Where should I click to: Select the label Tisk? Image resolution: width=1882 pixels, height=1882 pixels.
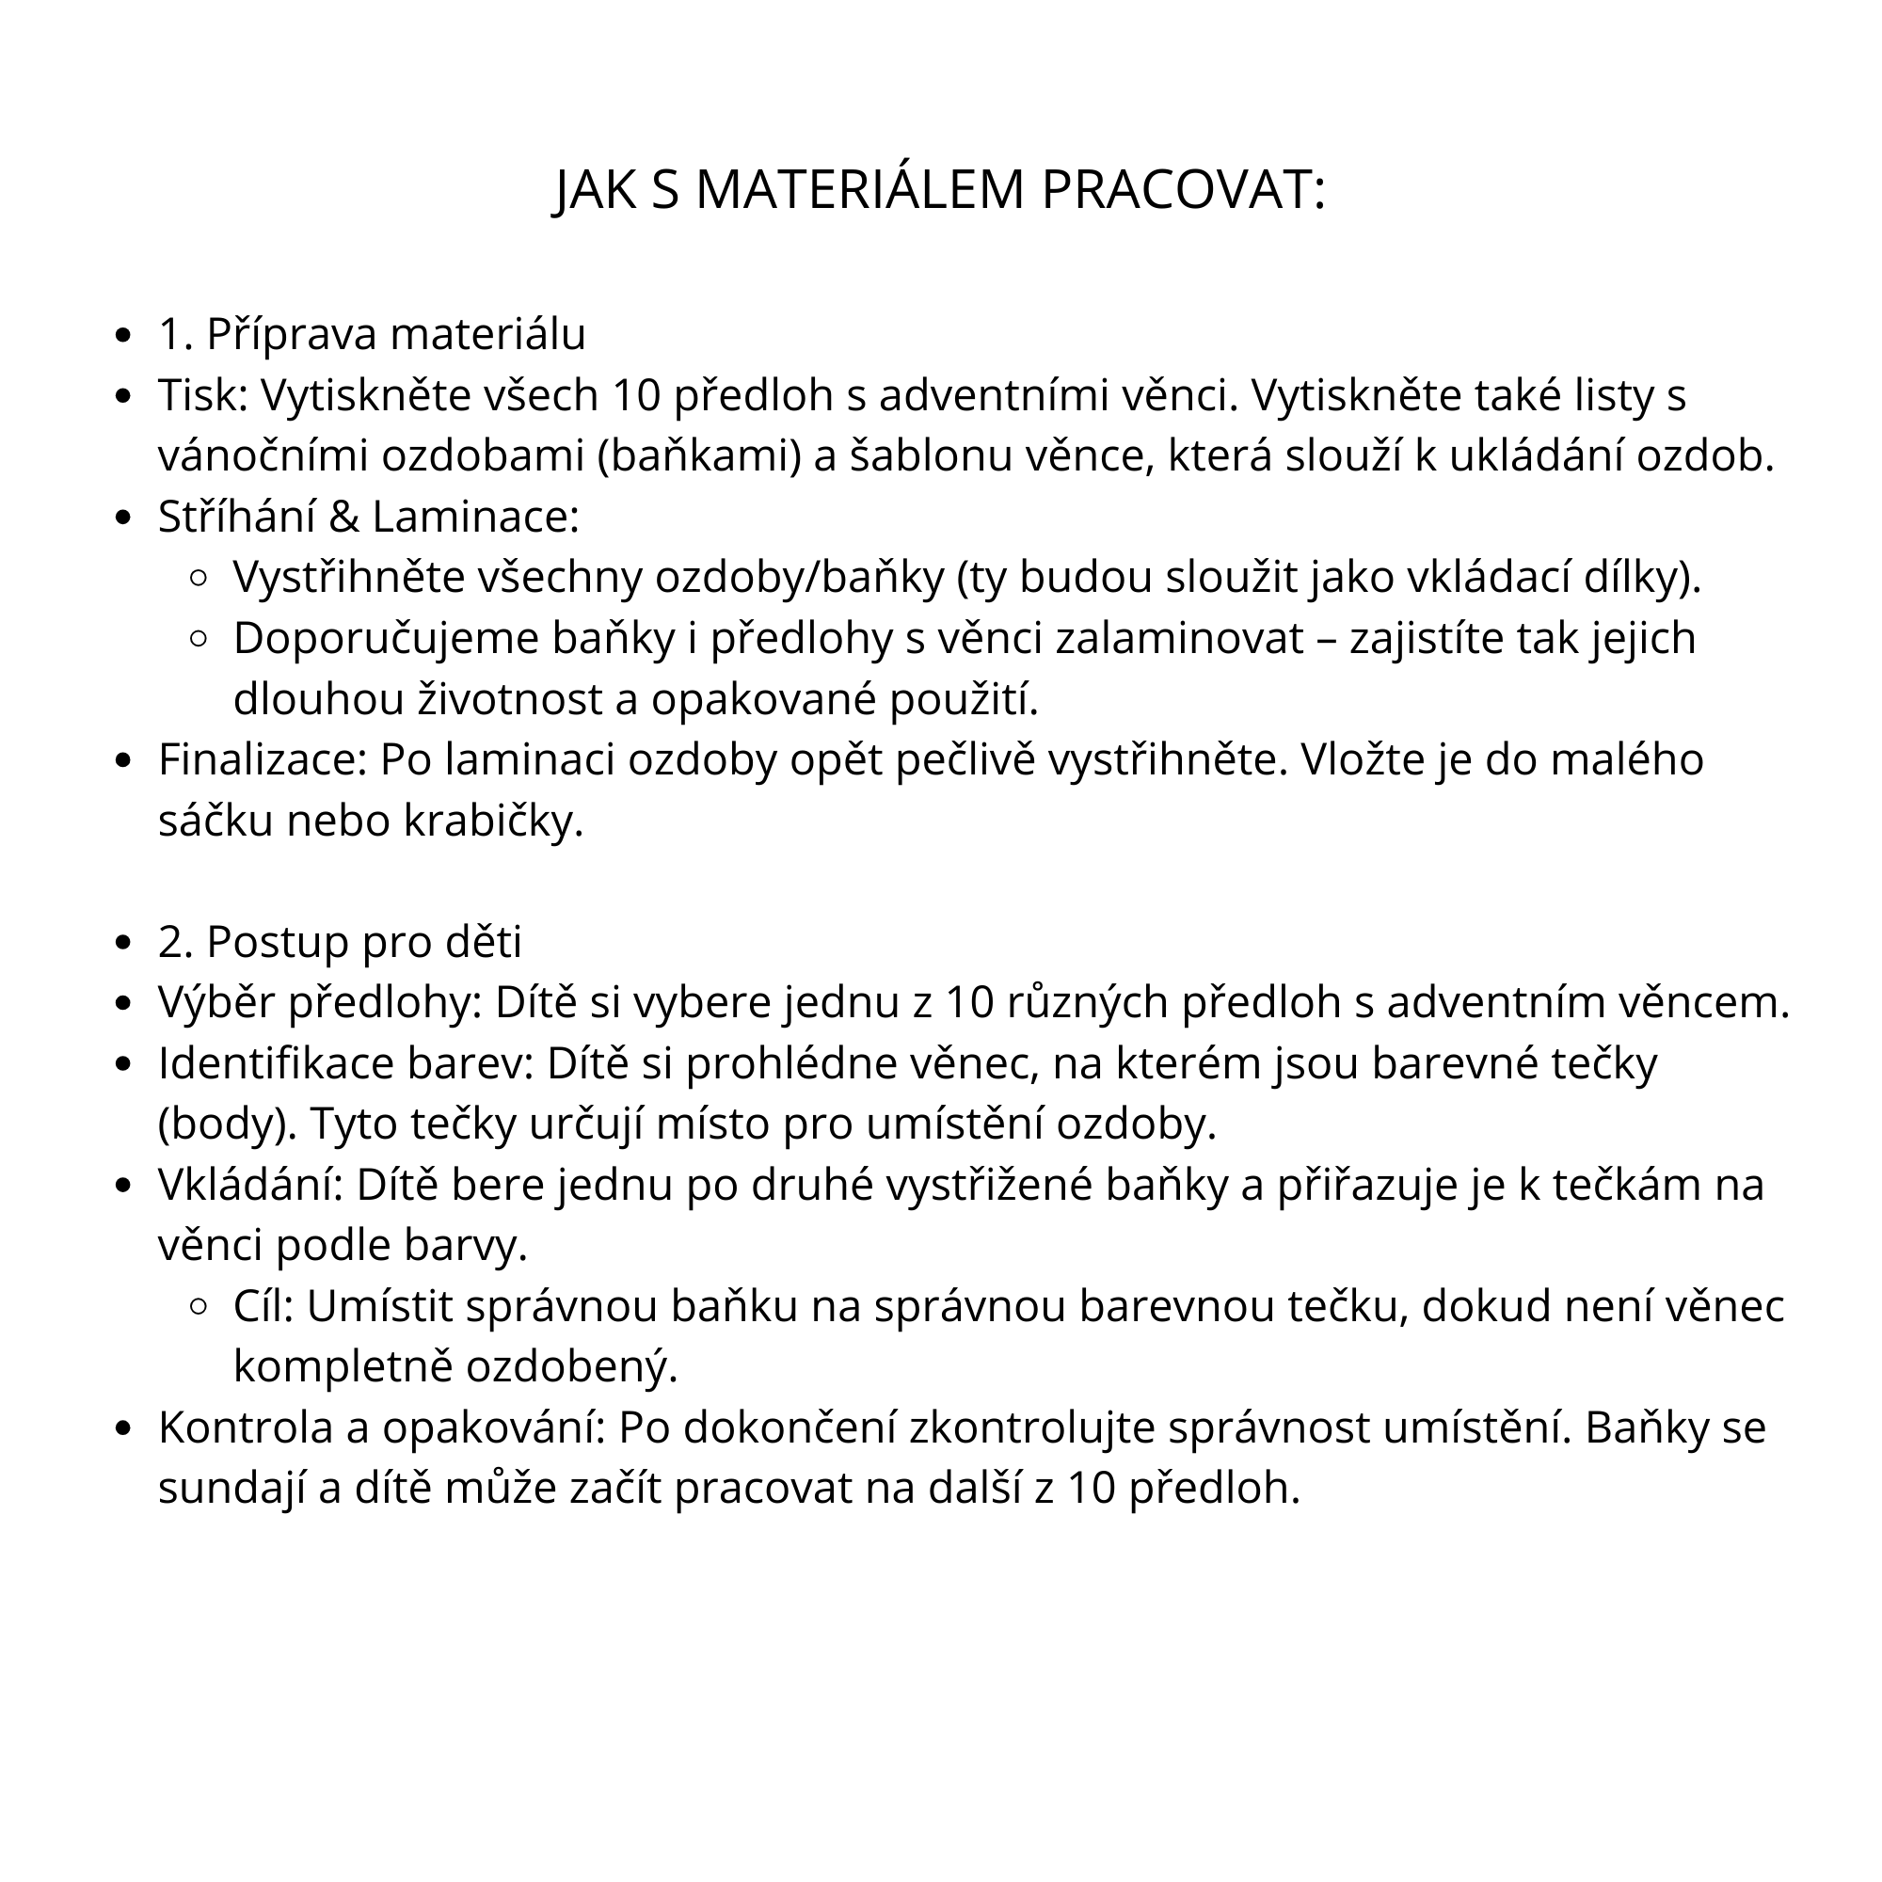(203, 395)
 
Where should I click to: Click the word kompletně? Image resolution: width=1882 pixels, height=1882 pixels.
(343, 1367)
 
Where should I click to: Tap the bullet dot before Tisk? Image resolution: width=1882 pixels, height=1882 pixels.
(122, 396)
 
